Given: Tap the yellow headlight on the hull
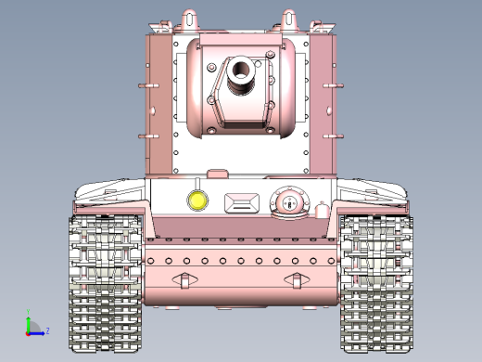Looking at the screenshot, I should (197, 200).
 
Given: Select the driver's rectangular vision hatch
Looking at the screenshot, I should (243, 201).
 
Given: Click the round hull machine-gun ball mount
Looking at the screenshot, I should (287, 201).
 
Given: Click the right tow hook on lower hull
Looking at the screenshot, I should (298, 279).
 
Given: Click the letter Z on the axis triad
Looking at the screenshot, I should (47, 330).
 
